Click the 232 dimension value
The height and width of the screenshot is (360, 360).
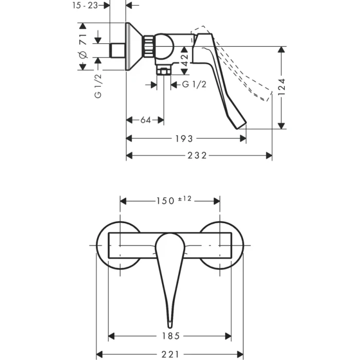pos(196,156)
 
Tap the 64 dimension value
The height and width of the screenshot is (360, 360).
pos(145,120)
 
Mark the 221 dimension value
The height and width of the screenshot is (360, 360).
pos(170,354)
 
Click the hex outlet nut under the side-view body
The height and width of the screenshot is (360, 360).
pos(164,71)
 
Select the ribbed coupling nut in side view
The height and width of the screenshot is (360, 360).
pos(149,46)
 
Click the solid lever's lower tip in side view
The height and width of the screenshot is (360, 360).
pos(242,125)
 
